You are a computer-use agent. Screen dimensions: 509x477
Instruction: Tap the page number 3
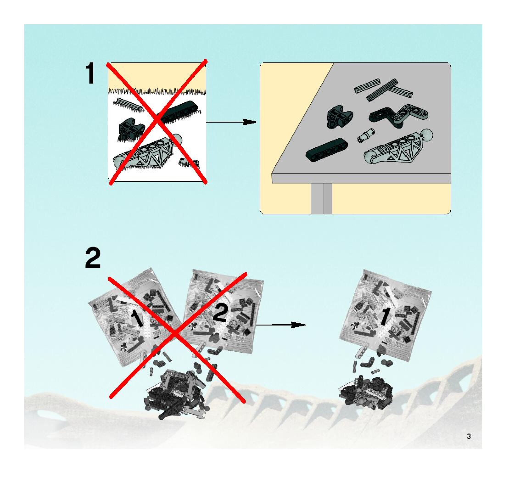point(469,436)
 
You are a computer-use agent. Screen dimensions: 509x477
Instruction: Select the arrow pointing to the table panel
point(230,122)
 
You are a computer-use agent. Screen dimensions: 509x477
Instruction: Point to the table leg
point(321,198)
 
